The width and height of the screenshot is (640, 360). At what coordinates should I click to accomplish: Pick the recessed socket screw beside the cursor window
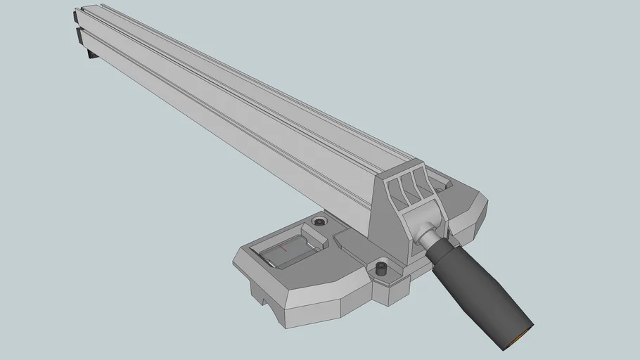pyautogui.click(x=320, y=222)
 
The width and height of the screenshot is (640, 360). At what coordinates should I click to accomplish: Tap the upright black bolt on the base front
pyautogui.click(x=381, y=269)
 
